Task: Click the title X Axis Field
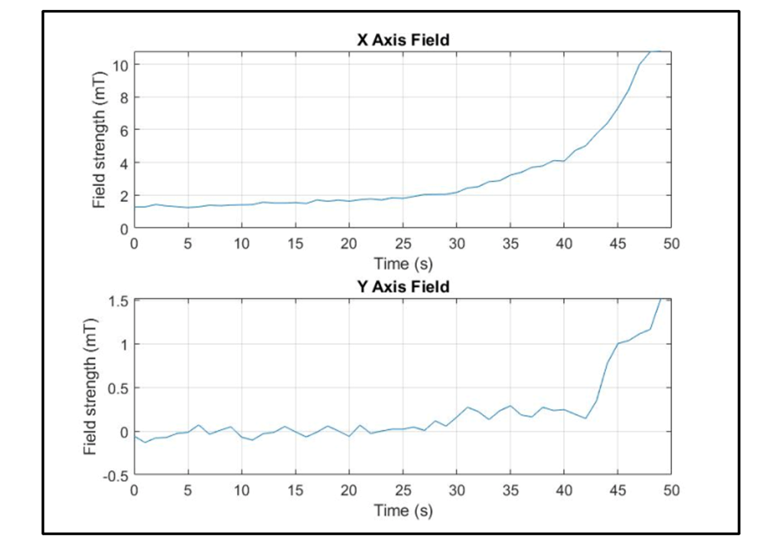pyautogui.click(x=402, y=39)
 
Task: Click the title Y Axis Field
pyautogui.click(x=402, y=287)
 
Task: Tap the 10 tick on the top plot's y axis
pyautogui.click(x=120, y=64)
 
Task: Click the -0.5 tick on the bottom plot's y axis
pyautogui.click(x=115, y=475)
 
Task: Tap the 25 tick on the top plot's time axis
pyautogui.click(x=402, y=243)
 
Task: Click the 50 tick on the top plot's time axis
pyautogui.click(x=670, y=243)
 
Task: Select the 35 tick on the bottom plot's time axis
pyautogui.click(x=510, y=490)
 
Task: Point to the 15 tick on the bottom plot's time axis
pyautogui.click(x=295, y=490)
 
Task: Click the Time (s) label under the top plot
pyautogui.click(x=402, y=264)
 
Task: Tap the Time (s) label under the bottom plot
pyautogui.click(x=402, y=510)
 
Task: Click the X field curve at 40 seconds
pyautogui.click(x=564, y=161)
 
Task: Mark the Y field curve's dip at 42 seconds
pyautogui.click(x=585, y=418)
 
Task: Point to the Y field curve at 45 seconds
pyautogui.click(x=617, y=344)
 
